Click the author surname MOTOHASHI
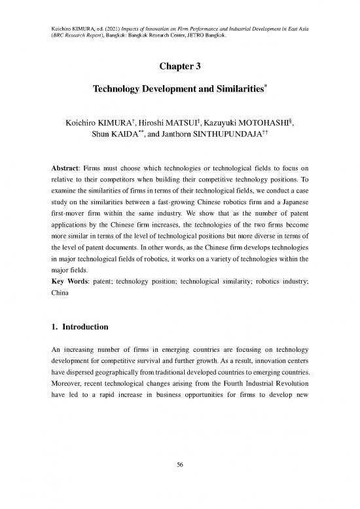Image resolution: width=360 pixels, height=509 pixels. pyautogui.click(x=266, y=123)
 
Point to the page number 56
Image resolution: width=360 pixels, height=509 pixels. pyautogui.click(x=180, y=483)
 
